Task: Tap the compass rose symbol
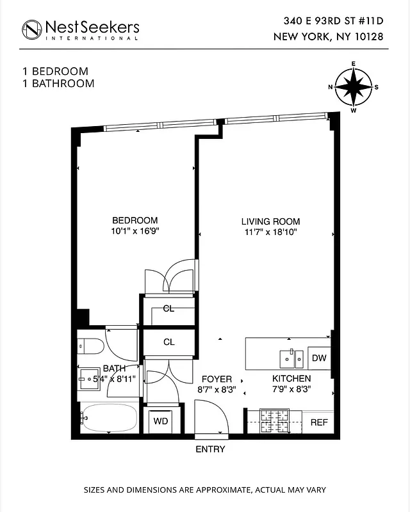point(353,87)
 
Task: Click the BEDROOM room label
point(135,221)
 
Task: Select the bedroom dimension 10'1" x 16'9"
point(135,232)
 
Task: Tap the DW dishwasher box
point(319,358)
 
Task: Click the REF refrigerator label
point(319,422)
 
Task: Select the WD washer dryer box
point(160,421)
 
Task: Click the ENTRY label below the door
point(210,449)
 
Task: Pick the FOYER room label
point(217,380)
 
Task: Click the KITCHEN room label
point(291,379)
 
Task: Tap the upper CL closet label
point(168,308)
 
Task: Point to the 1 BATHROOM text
point(58,83)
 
